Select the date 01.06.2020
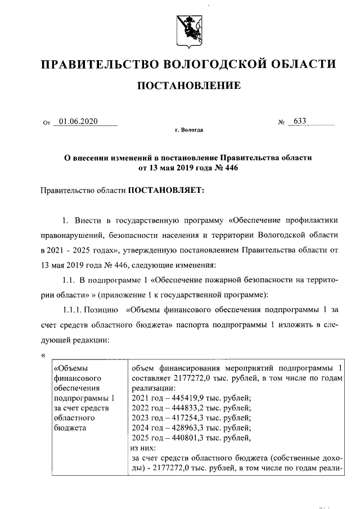78,120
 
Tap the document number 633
300,120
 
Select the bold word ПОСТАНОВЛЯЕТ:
167,190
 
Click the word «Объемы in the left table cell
70,368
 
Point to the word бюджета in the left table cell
69,429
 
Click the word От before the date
46,121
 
